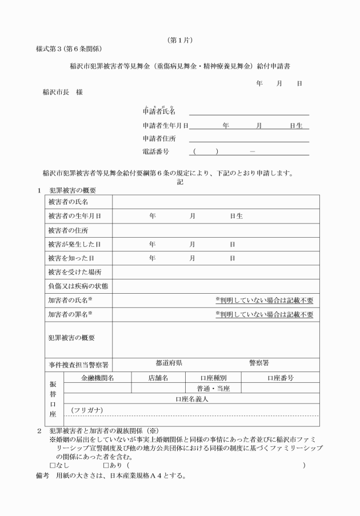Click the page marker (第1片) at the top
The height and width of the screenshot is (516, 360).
179,40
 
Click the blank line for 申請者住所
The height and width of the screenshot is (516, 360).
249,138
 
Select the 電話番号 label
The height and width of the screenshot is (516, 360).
154,152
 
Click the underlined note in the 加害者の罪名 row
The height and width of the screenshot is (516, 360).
264,314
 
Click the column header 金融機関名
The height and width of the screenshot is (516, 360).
98,378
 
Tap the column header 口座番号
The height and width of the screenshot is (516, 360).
280,378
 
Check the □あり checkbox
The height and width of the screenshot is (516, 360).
103,465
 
